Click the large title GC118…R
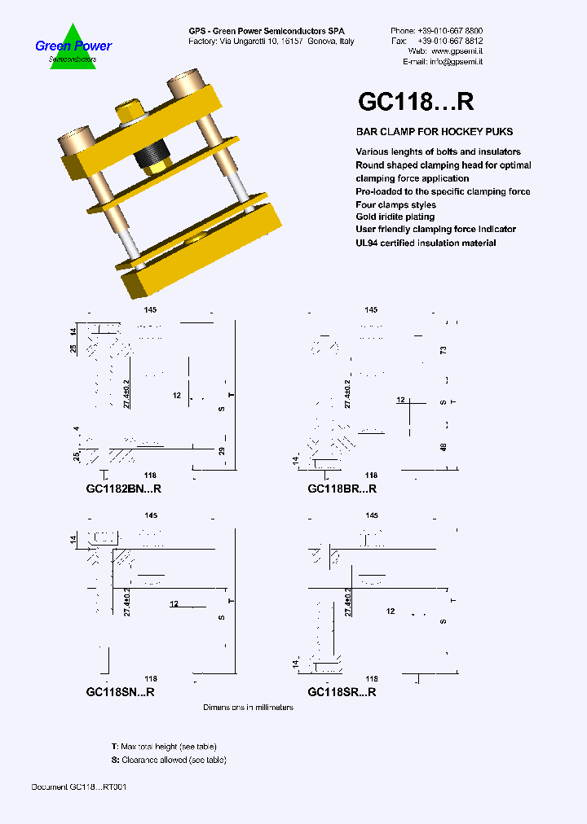416,101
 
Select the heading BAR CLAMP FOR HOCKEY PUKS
434,132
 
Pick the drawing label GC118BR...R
342,489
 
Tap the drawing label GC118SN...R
121,692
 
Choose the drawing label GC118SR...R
342,692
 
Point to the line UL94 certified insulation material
426,243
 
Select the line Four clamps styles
395,205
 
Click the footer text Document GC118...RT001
78,787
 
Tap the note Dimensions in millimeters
248,708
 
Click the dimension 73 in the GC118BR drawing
444,350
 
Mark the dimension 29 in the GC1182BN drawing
221,450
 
